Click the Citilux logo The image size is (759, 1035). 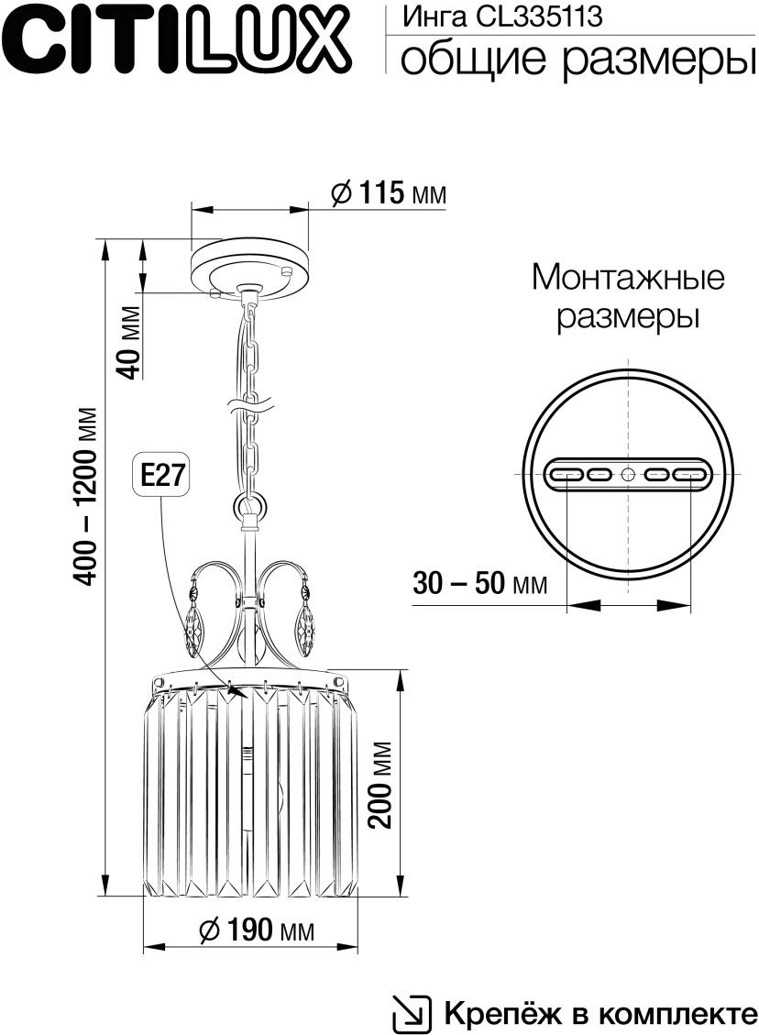point(176,40)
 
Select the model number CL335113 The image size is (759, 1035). point(540,16)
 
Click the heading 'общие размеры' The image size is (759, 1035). point(577,59)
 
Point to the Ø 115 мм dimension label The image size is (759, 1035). point(389,193)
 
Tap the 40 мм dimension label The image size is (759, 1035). point(130,343)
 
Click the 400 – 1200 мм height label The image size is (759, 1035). point(85,497)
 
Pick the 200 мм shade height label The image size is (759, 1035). point(380,785)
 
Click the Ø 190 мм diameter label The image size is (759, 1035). point(256,930)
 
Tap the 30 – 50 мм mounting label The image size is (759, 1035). point(479,584)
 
